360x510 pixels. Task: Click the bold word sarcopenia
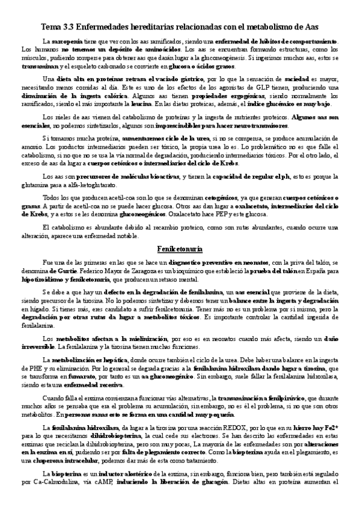tap(67, 40)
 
